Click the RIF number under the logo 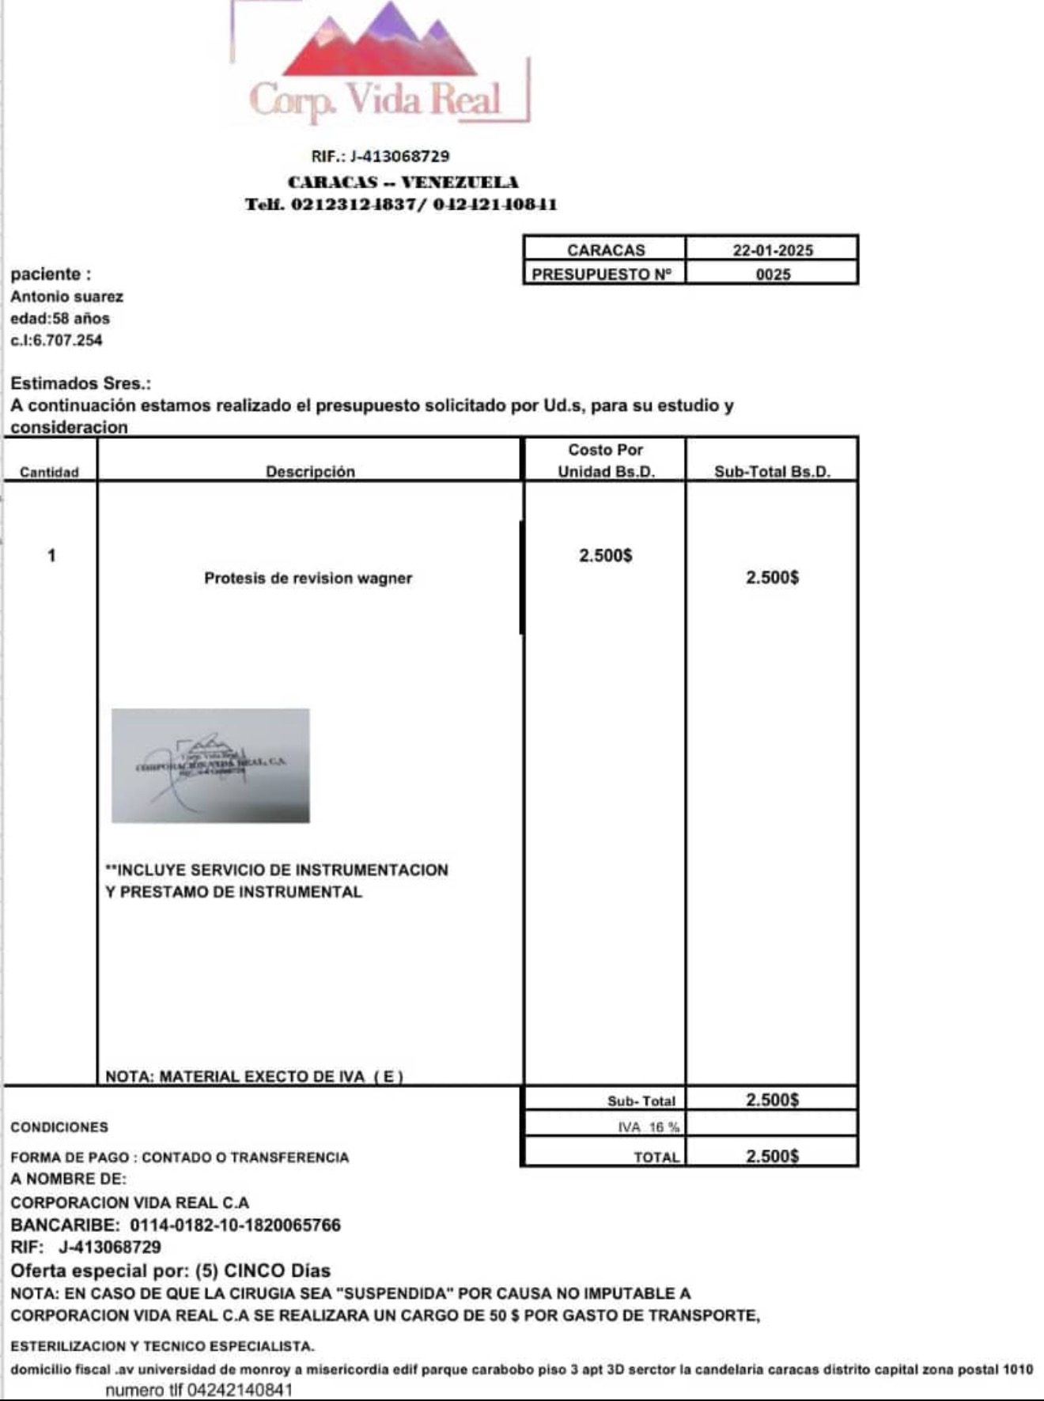tap(380, 157)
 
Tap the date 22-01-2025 tap(772, 250)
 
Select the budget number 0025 tap(772, 274)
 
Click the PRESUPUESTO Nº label tap(602, 274)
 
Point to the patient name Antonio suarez tap(67, 296)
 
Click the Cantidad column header tap(49, 472)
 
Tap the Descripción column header tap(310, 471)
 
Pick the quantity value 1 tap(51, 556)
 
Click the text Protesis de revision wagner tap(308, 578)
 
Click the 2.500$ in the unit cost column tap(605, 556)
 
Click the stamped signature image tap(210, 765)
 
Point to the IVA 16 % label tap(649, 1127)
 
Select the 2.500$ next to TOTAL tap(772, 1156)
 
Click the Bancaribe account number tap(235, 1225)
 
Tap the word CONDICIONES tap(59, 1127)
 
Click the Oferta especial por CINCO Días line tap(170, 1271)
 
